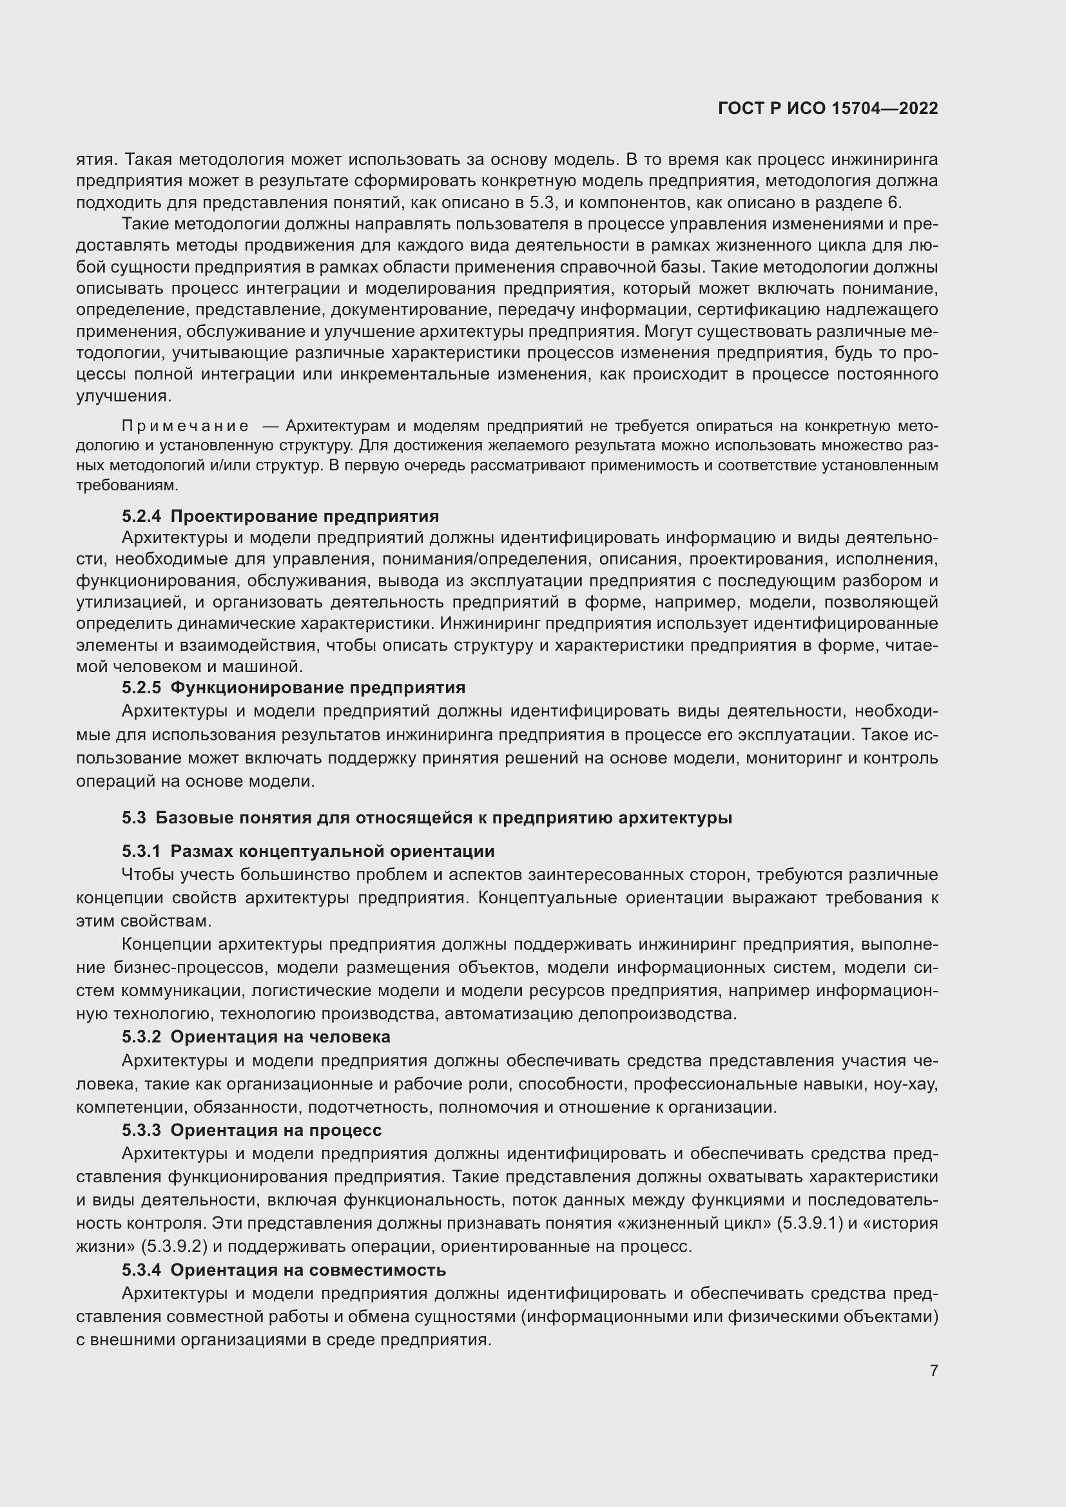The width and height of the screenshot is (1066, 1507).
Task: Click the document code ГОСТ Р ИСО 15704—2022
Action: click(828, 109)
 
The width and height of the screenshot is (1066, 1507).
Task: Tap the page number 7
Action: click(933, 1370)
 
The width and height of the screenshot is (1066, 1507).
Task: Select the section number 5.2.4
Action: click(141, 516)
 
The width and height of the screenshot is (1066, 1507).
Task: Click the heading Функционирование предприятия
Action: click(318, 688)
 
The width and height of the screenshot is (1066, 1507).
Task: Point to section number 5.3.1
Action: click(141, 851)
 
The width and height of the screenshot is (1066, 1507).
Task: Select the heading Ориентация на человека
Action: click(280, 1037)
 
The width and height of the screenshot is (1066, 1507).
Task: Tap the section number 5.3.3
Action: click(141, 1130)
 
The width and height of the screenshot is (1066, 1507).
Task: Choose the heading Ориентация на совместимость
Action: click(308, 1270)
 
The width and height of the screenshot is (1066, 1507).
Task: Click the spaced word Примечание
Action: click(185, 427)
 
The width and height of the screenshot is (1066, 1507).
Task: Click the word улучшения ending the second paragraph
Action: click(123, 396)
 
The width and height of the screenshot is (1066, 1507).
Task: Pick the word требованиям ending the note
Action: click(127, 486)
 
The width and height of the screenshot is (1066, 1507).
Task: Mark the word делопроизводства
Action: click(656, 1014)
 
